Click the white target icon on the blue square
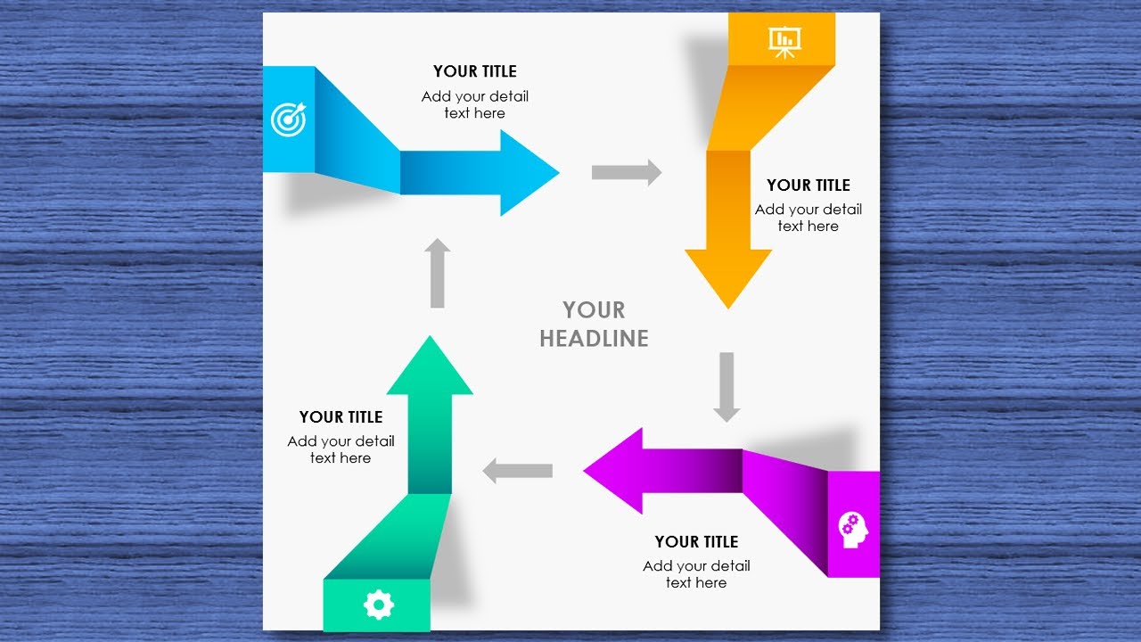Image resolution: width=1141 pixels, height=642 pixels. (x=287, y=119)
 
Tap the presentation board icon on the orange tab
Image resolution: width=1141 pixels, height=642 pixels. (x=784, y=40)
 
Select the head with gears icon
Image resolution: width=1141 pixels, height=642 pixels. (x=853, y=530)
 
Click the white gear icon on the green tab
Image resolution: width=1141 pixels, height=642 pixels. (x=378, y=605)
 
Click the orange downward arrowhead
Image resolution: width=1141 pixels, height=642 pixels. (x=728, y=277)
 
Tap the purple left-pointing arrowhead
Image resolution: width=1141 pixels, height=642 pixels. (x=615, y=471)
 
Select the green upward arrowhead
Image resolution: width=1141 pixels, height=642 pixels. (x=431, y=366)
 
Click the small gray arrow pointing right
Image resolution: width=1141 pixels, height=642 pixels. (x=627, y=172)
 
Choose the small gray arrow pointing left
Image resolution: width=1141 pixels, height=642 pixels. (x=517, y=470)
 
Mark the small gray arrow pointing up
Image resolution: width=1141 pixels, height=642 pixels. (x=438, y=273)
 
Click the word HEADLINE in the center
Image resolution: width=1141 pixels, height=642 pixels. (x=594, y=338)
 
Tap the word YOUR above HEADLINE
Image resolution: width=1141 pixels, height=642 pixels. (x=594, y=310)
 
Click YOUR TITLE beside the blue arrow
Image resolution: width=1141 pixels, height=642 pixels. (x=475, y=71)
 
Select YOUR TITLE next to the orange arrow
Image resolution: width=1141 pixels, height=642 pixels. (x=809, y=185)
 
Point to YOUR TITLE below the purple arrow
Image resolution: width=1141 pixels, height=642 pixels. (x=696, y=542)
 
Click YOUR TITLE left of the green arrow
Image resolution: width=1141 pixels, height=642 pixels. (x=341, y=417)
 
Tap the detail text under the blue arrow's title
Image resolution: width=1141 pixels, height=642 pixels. (x=475, y=105)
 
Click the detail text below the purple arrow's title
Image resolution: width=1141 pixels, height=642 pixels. (x=696, y=574)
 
